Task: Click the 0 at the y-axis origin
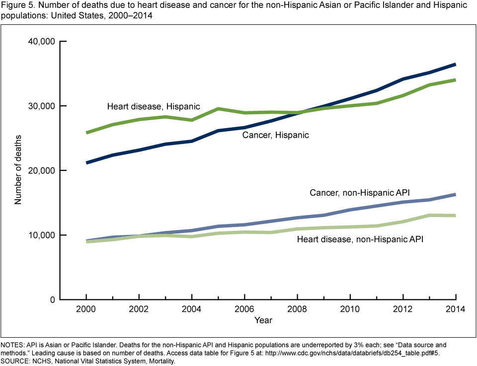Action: tap(52, 299)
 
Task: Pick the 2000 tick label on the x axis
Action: tap(86, 309)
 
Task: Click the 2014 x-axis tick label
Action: tap(455, 309)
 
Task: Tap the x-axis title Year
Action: tap(263, 320)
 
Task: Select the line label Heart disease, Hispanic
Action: tap(154, 106)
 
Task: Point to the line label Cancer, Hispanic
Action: tap(275, 135)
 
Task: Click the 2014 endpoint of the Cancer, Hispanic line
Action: tap(455, 65)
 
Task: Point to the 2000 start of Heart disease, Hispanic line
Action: tap(86, 133)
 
